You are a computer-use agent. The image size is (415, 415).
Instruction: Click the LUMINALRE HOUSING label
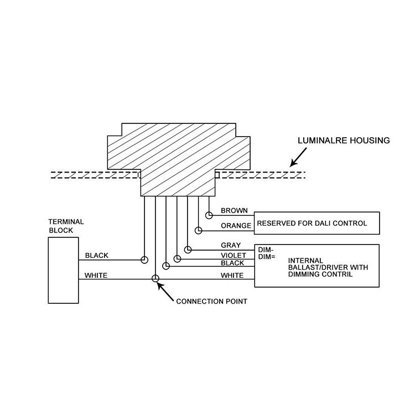(344, 141)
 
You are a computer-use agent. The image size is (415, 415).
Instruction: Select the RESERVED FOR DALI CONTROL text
(312, 224)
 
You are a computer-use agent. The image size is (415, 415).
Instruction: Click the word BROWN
(234, 211)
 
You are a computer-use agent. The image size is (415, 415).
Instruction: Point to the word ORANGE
(236, 226)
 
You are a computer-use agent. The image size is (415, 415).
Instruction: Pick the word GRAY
(230, 245)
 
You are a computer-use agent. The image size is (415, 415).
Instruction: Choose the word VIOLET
(233, 255)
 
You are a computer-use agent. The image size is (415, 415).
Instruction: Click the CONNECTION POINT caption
(211, 302)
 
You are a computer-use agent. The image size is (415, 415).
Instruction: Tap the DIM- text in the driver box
(266, 250)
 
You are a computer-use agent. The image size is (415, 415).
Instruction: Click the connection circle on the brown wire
(209, 214)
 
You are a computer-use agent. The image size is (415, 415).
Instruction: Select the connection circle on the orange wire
(199, 229)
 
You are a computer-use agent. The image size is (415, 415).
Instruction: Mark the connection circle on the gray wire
(188, 249)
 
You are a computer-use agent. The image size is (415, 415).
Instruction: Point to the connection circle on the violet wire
(177, 258)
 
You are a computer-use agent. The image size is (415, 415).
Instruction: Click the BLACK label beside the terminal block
(96, 256)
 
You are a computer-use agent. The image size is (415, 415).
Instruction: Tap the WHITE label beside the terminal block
(96, 275)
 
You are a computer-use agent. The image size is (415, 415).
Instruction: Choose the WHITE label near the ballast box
(232, 275)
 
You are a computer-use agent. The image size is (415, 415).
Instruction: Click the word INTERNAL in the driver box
(305, 260)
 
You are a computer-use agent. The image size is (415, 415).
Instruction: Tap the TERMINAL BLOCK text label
(66, 226)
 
